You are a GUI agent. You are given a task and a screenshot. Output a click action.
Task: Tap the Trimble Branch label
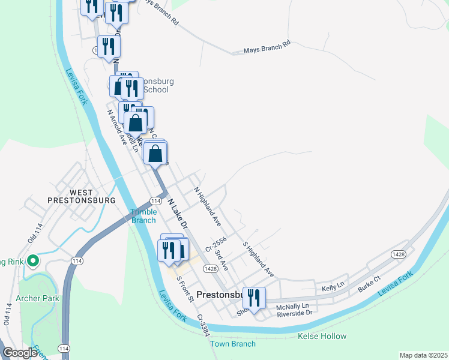(x=144, y=216)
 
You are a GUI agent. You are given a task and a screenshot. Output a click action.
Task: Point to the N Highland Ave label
(x=208, y=206)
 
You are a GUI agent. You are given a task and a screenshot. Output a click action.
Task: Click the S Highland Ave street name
(x=258, y=259)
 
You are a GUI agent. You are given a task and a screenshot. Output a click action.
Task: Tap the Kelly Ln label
(x=331, y=289)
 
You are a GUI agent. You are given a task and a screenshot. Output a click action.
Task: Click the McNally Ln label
(x=292, y=305)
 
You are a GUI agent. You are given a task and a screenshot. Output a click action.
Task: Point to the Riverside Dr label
(x=294, y=313)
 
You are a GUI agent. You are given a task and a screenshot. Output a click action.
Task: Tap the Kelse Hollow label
(x=322, y=337)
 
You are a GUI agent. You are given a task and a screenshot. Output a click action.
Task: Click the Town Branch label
(x=233, y=344)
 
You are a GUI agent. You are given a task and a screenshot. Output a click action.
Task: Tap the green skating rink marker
(x=34, y=261)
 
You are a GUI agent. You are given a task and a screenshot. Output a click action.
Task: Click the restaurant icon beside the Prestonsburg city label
(x=254, y=298)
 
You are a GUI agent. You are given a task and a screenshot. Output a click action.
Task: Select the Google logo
(x=20, y=353)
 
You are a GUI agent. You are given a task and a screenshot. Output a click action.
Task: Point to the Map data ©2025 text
(x=423, y=355)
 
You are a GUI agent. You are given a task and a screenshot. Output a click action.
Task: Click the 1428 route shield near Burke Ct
(x=397, y=254)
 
